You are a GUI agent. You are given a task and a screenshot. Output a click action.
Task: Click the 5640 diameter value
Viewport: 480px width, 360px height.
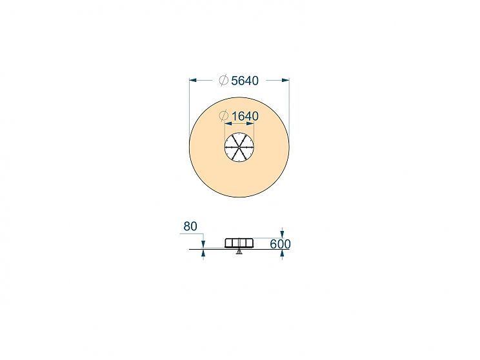pos(245,81)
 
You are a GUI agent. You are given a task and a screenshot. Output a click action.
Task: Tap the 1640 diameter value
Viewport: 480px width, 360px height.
pos(245,116)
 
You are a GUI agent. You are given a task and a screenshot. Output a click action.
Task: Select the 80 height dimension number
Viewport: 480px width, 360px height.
pos(190,226)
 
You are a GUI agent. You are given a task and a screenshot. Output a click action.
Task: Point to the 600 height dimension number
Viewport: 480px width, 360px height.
pos(281,245)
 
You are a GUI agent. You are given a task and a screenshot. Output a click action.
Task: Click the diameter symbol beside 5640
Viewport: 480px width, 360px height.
pos(224,80)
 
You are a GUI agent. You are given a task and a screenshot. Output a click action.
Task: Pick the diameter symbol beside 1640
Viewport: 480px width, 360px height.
pos(224,116)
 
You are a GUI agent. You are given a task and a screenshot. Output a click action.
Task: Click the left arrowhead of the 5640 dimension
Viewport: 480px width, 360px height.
pos(193,80)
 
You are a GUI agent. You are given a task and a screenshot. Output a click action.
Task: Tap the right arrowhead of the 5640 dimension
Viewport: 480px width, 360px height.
pos(286,80)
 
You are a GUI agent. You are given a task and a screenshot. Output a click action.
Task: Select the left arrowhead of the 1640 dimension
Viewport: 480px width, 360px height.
pos(228,124)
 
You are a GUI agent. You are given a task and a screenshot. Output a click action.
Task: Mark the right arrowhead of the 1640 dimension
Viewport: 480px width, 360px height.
pos(250,124)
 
